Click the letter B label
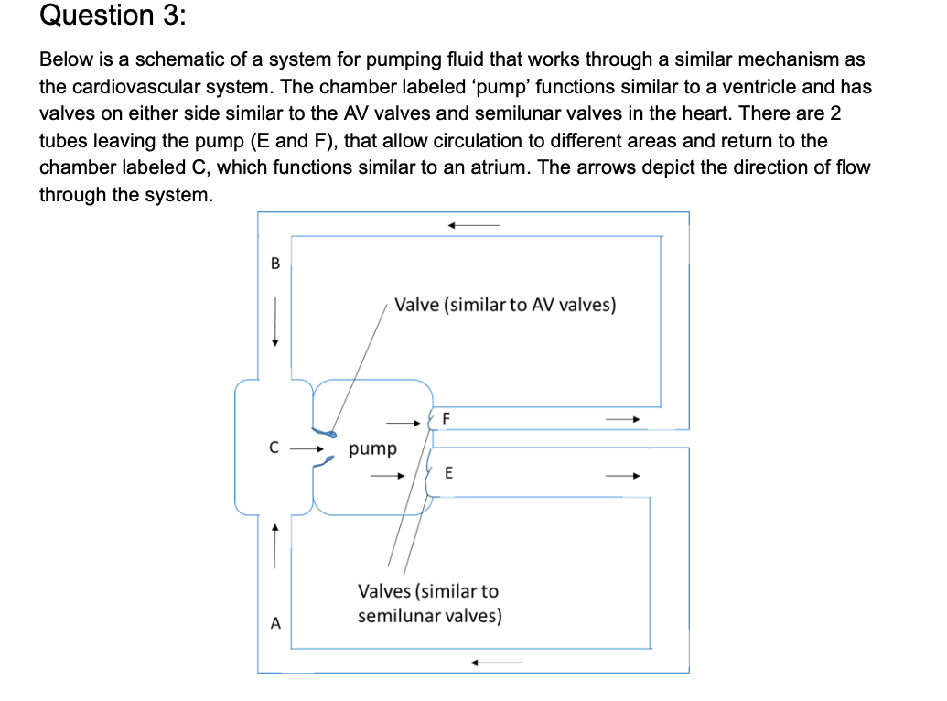[274, 264]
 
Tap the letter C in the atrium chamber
[273, 449]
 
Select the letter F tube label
[446, 418]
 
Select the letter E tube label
[448, 473]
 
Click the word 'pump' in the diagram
[373, 449]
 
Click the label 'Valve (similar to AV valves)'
[505, 305]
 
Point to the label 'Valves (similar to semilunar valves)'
[429, 603]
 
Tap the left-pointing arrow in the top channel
[473, 224]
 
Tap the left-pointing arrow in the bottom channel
[497, 663]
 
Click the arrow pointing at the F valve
[402, 423]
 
